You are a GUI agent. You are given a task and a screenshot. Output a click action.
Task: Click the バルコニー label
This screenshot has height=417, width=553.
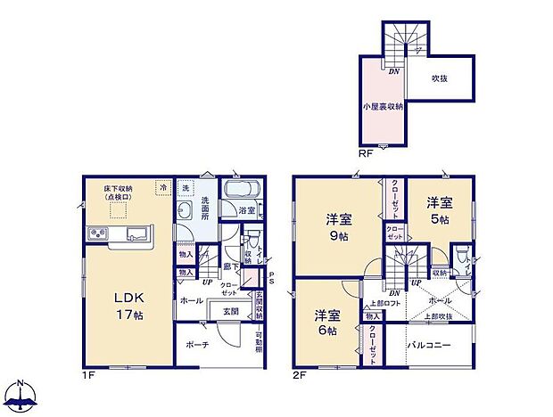pyautogui.click(x=430, y=344)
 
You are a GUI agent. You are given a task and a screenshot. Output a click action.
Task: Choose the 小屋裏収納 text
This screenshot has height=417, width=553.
pyautogui.click(x=383, y=106)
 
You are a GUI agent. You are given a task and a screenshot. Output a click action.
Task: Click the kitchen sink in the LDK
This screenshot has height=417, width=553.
pyautogui.click(x=137, y=234)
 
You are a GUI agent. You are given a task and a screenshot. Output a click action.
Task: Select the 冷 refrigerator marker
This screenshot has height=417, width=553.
pyautogui.click(x=162, y=187)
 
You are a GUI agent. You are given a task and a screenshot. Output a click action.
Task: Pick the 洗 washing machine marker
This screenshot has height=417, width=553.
pyautogui.click(x=186, y=187)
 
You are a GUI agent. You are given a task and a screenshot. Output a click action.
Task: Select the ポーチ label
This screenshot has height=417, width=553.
pyautogui.click(x=199, y=344)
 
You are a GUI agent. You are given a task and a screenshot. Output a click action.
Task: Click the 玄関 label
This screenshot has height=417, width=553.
pyautogui.click(x=231, y=310)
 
